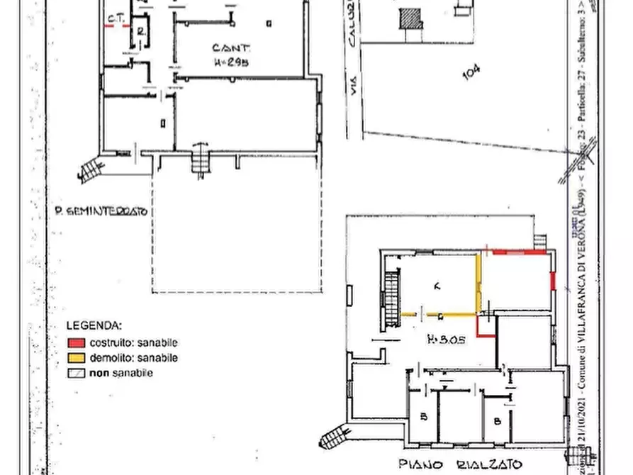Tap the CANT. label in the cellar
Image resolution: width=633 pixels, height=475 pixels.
pyautogui.click(x=232, y=48)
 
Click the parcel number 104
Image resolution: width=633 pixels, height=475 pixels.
pyautogui.click(x=471, y=72)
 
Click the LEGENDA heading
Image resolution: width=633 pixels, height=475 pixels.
pyautogui.click(x=94, y=325)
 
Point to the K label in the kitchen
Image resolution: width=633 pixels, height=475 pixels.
pyautogui.click(x=437, y=286)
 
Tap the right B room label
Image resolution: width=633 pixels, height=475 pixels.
pyautogui.click(x=498, y=420)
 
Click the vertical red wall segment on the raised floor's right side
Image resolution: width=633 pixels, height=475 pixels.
pyautogui.click(x=552, y=280)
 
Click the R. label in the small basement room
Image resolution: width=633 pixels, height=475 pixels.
pyautogui.click(x=142, y=30)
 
